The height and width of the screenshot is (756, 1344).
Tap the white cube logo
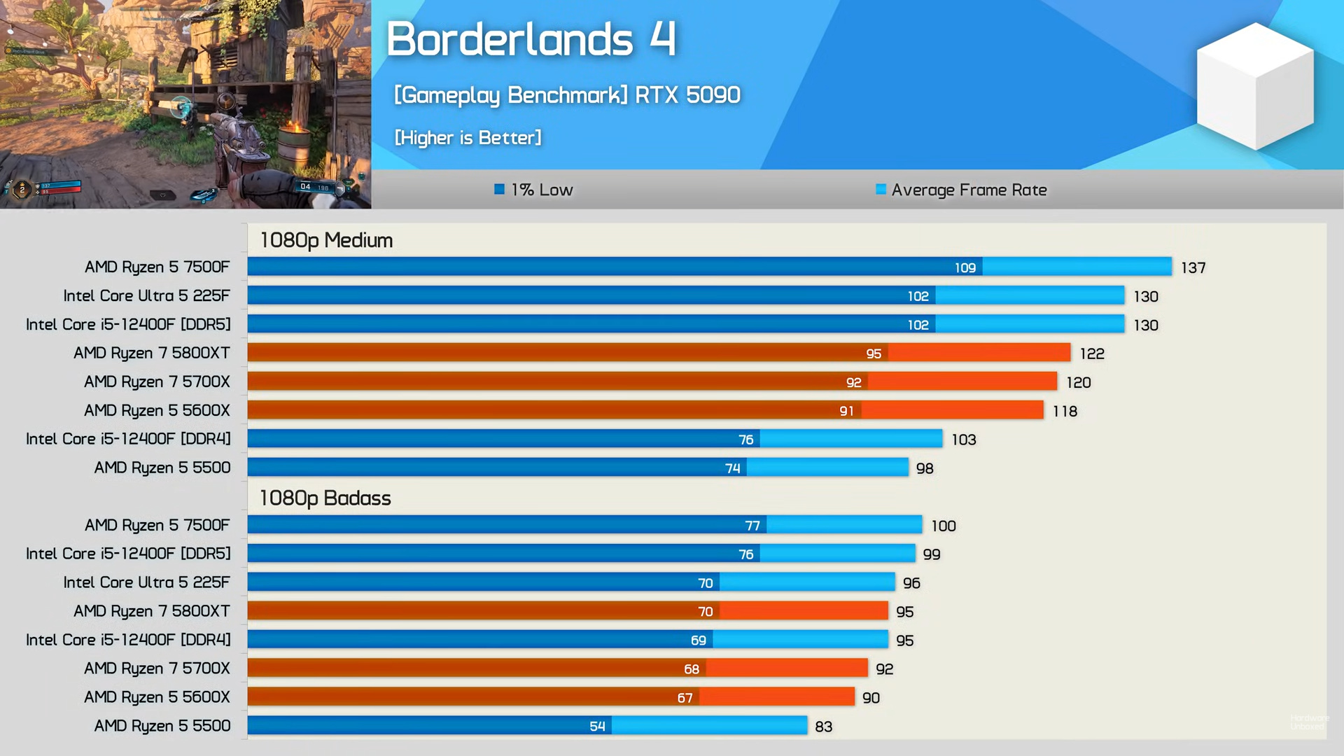[x=1254, y=86]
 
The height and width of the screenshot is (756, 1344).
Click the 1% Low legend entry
[x=534, y=190]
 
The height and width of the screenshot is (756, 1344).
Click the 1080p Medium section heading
[x=326, y=240]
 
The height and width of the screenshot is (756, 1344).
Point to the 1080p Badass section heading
[x=325, y=498]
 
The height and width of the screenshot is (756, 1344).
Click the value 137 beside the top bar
[x=1193, y=267]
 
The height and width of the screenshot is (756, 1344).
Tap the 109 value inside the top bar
[x=965, y=267]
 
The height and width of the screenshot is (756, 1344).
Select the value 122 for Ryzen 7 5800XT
[x=1091, y=353]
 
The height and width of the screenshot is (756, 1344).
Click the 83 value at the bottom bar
[x=823, y=727]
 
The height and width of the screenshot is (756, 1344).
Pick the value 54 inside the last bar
[x=597, y=727]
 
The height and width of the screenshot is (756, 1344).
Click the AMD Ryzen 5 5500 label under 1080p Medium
[x=162, y=468]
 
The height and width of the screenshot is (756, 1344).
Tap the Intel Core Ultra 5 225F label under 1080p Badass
[x=146, y=582]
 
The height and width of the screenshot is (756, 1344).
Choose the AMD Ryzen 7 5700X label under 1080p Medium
[x=157, y=381]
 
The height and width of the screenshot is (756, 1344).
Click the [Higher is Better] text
[x=468, y=138]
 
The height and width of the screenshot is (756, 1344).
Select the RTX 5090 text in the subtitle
[x=687, y=94]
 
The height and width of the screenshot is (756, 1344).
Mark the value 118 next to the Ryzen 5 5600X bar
[x=1065, y=411]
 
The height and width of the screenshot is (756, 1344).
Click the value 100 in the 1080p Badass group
[x=943, y=526]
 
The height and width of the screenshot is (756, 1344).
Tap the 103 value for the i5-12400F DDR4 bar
[x=963, y=440]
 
